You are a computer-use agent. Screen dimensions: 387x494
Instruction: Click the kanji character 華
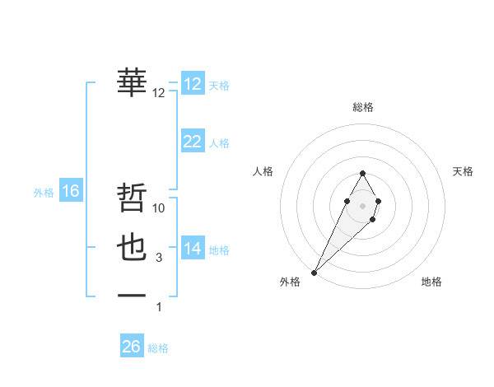click(133, 82)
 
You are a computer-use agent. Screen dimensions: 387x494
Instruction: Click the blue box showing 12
click(193, 84)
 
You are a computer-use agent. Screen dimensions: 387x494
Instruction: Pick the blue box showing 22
click(193, 142)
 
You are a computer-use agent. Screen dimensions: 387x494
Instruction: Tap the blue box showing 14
click(193, 249)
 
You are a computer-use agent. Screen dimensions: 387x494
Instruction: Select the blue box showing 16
click(71, 191)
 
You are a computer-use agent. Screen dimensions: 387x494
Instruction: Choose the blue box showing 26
click(132, 347)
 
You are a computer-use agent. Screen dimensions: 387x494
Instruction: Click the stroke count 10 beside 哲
click(160, 208)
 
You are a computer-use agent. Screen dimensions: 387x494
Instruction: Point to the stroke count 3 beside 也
click(159, 258)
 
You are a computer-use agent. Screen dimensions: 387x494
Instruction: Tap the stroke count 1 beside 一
click(159, 307)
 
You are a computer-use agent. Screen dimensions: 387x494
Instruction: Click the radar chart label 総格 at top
click(363, 107)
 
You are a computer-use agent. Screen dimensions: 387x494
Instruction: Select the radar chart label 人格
click(263, 171)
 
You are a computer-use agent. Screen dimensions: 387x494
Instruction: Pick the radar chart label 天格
click(463, 171)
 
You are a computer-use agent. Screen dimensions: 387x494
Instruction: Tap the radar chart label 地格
click(431, 282)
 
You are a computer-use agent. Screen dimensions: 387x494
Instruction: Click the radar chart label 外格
click(290, 282)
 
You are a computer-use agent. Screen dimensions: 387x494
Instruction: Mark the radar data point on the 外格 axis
click(315, 271)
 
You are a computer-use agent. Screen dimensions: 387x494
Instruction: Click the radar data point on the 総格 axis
click(363, 173)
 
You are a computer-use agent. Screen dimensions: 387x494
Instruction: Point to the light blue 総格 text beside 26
click(158, 348)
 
